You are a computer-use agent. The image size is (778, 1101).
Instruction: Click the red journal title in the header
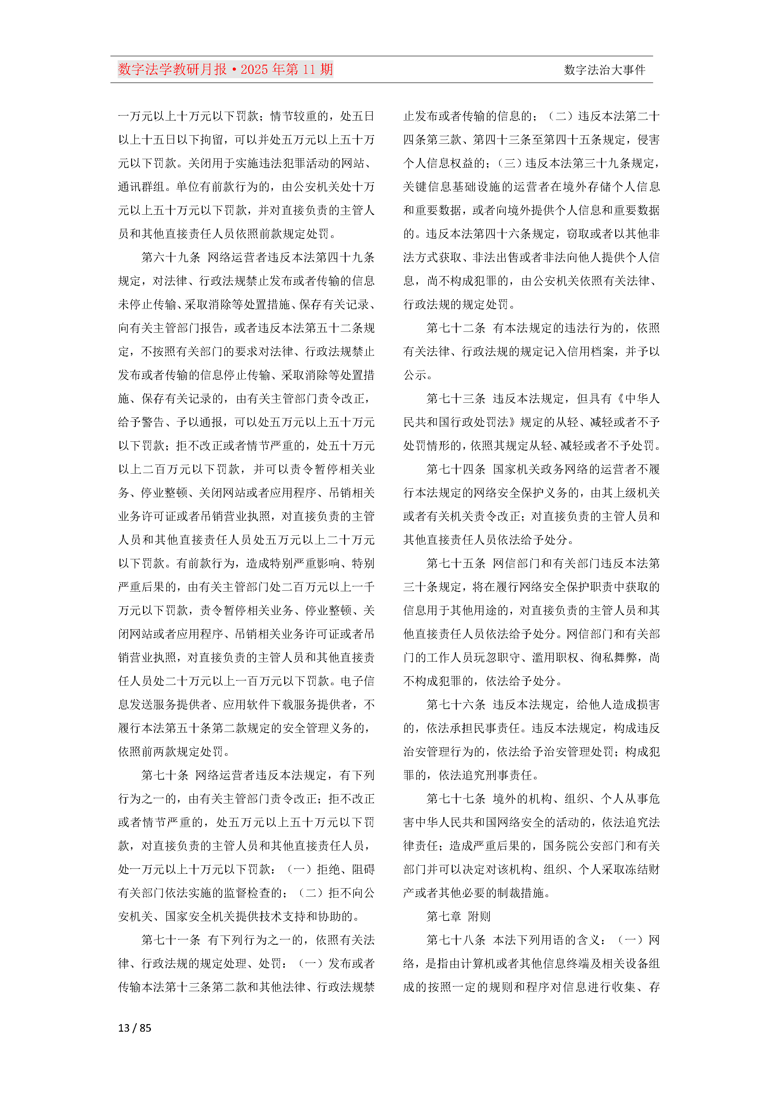coord(225,70)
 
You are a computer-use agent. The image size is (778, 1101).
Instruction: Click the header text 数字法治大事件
coord(605,70)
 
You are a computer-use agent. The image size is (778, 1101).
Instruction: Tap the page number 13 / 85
coord(135,1028)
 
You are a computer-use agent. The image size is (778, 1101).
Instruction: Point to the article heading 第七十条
coord(165,776)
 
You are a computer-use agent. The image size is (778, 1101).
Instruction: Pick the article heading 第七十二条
coord(456,328)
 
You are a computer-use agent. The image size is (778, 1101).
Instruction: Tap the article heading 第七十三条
coord(456,399)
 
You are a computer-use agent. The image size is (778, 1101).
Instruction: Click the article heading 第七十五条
coord(456,563)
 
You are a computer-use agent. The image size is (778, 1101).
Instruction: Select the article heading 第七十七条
coord(456,799)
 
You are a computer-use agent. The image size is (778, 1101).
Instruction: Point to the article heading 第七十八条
coord(456,940)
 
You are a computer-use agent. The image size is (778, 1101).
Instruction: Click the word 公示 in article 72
coord(415,375)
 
